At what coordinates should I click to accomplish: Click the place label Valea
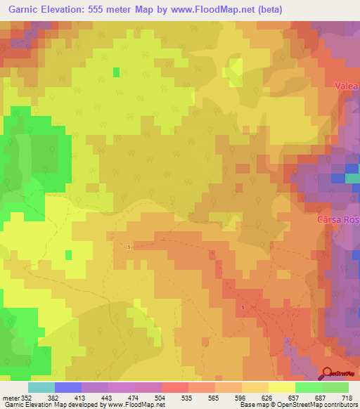347,86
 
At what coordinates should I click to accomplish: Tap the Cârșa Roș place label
337,220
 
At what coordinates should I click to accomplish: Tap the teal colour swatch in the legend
41,387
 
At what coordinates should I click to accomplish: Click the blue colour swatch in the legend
67,387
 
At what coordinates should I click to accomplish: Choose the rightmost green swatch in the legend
335,387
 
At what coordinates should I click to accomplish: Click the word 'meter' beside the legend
8,397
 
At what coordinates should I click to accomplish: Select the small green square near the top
116,71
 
